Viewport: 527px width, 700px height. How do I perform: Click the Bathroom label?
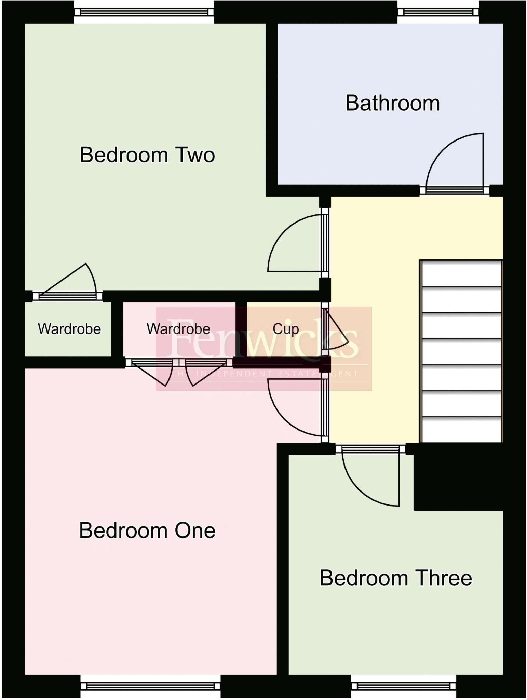[x=392, y=103]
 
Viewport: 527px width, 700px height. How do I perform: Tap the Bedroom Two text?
[x=147, y=155]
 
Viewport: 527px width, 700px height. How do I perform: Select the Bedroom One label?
[x=147, y=530]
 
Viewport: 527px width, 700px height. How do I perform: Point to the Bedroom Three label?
[x=395, y=578]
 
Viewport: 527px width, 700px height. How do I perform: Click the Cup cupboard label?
[x=285, y=329]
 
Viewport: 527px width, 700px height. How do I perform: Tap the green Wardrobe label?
[x=69, y=329]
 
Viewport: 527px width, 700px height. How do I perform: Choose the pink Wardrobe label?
[x=178, y=329]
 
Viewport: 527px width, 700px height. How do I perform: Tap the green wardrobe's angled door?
[x=68, y=279]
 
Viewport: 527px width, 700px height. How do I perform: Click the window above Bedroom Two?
[x=144, y=12]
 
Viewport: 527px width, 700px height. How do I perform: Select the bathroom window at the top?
[x=438, y=12]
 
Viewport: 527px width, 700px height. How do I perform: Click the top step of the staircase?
[x=461, y=273]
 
